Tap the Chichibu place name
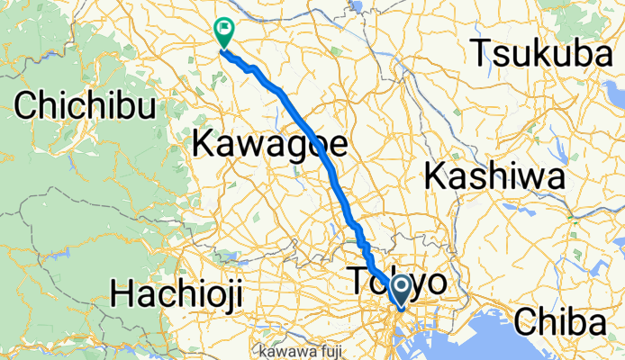(86, 106)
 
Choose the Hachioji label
(181, 292)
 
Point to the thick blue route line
(306, 126)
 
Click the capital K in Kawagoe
(205, 141)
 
